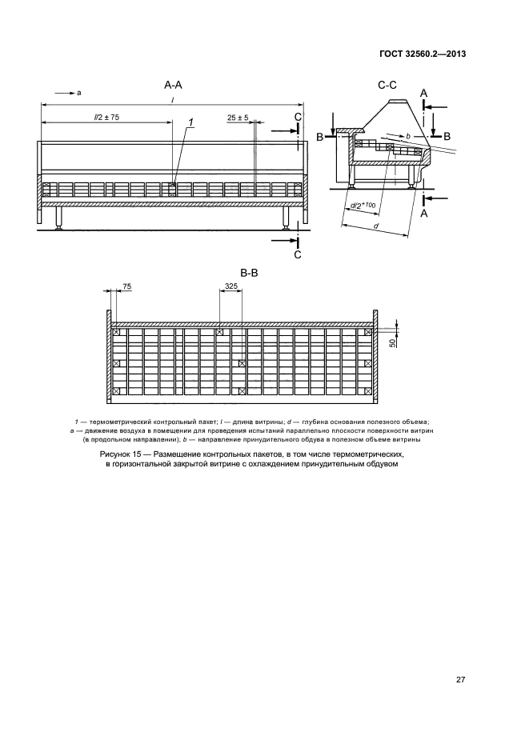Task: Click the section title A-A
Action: [173, 84]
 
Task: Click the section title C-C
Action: [388, 84]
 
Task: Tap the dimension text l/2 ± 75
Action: [106, 117]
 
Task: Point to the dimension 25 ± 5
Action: [237, 117]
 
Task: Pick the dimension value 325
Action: [231, 286]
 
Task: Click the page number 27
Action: [460, 680]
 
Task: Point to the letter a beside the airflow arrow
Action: [79, 93]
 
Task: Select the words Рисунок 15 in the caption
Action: [120, 454]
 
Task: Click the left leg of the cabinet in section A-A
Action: [60, 219]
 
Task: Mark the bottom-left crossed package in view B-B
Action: [116, 392]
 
